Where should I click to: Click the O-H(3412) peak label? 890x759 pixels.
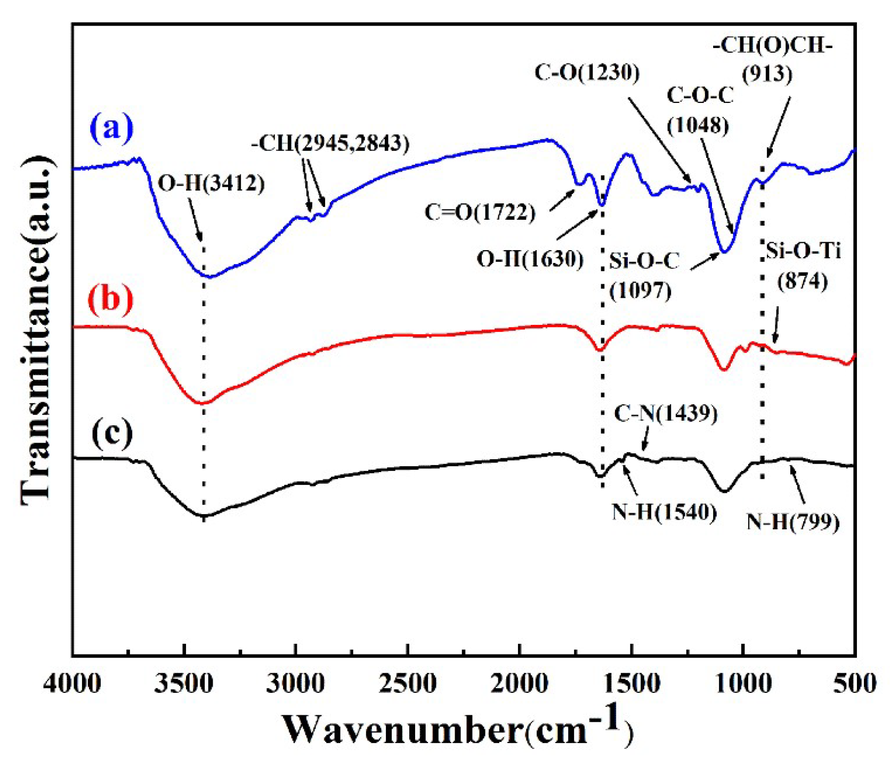[211, 183]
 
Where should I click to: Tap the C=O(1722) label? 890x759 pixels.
[480, 212]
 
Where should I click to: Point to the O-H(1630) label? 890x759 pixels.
[530, 259]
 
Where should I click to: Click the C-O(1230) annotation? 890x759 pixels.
[587, 73]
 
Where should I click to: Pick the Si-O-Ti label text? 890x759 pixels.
[804, 250]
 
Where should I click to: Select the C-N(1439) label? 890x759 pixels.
[666, 413]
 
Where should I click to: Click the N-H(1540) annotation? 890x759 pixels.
[664, 512]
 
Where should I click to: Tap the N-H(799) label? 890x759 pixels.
[793, 522]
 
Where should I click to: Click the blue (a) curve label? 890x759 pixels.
[111, 129]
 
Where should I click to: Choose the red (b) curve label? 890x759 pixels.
[110, 299]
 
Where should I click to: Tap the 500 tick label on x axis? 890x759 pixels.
[854, 684]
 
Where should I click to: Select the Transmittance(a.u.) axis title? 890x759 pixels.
[37, 331]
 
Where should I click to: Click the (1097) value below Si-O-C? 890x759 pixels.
[641, 291]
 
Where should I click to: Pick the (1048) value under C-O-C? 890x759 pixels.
[698, 126]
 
